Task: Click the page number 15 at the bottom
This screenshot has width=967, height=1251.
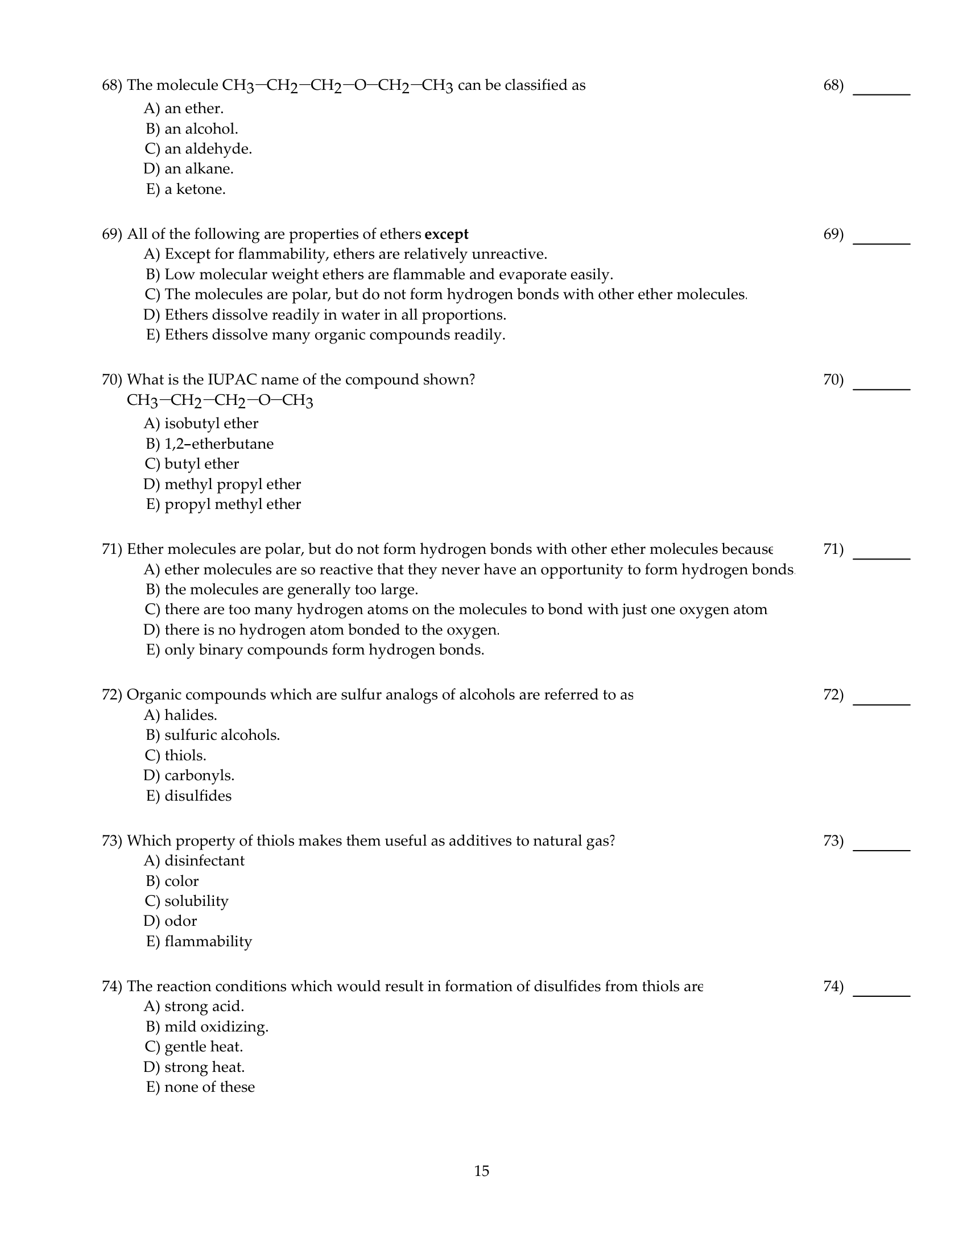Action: coord(481,1171)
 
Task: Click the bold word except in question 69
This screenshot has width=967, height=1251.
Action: coord(447,234)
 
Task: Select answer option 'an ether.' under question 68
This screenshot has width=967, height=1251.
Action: coord(193,108)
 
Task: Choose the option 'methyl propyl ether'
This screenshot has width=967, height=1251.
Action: coord(232,484)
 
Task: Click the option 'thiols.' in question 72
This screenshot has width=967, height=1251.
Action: coord(185,755)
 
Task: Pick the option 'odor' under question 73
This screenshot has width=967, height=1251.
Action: coord(180,921)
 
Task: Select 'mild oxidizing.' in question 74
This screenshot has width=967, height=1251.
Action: coord(216,1026)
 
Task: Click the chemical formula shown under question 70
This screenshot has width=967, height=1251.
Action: coord(220,400)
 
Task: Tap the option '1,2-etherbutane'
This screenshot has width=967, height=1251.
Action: coord(219,444)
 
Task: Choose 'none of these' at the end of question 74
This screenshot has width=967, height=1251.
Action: coord(209,1087)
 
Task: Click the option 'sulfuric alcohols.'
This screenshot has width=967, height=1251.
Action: coord(222,735)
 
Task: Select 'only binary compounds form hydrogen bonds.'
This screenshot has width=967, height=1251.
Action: coord(324,649)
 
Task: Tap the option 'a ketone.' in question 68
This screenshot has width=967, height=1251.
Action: coord(195,189)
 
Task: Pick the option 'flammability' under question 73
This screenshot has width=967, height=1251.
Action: coord(208,941)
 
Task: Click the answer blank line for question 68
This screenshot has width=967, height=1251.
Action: coord(881,93)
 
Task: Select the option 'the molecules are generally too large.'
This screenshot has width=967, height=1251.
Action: coord(291,590)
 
